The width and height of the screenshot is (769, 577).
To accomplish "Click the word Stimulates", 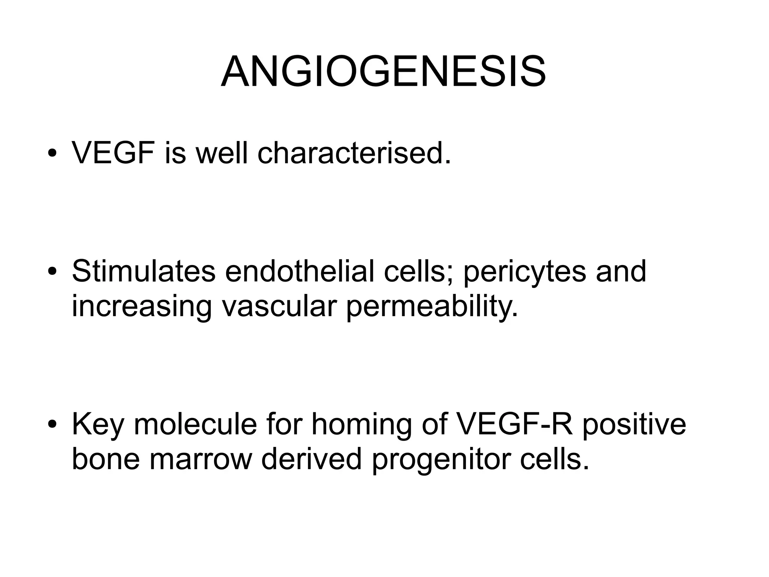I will click(143, 271).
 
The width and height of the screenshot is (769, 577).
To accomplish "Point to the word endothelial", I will click(299, 271).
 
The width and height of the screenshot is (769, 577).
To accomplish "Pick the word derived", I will click(311, 459).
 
